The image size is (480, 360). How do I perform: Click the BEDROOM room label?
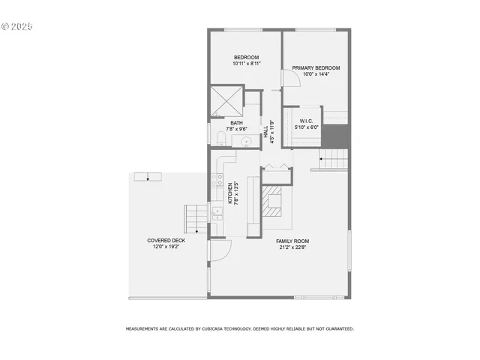pos(246,58)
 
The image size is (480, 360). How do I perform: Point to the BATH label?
pos(236,123)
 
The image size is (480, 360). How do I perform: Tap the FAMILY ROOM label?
pos(292,241)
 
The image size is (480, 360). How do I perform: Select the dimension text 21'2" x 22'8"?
pos(292,247)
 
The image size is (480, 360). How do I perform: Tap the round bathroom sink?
pos(244,141)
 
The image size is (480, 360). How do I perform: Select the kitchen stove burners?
pos(217,180)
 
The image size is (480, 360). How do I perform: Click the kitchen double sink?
pos(217,216)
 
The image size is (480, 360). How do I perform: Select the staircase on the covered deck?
pos(194,220)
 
